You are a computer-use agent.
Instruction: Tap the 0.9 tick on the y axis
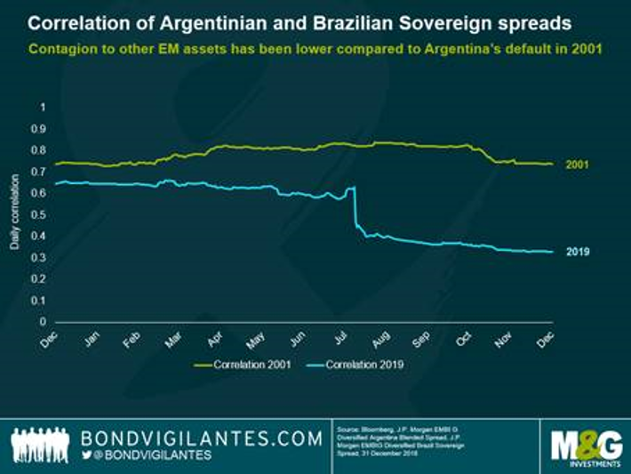(36, 128)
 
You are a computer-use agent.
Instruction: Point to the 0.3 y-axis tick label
(36, 258)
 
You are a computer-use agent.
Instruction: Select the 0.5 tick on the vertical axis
(36, 214)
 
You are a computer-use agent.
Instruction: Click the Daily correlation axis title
(15, 213)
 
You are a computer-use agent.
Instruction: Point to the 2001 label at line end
(576, 165)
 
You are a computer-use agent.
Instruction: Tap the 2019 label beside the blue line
(576, 252)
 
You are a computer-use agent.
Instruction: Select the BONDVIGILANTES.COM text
(202, 438)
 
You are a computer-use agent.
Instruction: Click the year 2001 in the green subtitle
(582, 48)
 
